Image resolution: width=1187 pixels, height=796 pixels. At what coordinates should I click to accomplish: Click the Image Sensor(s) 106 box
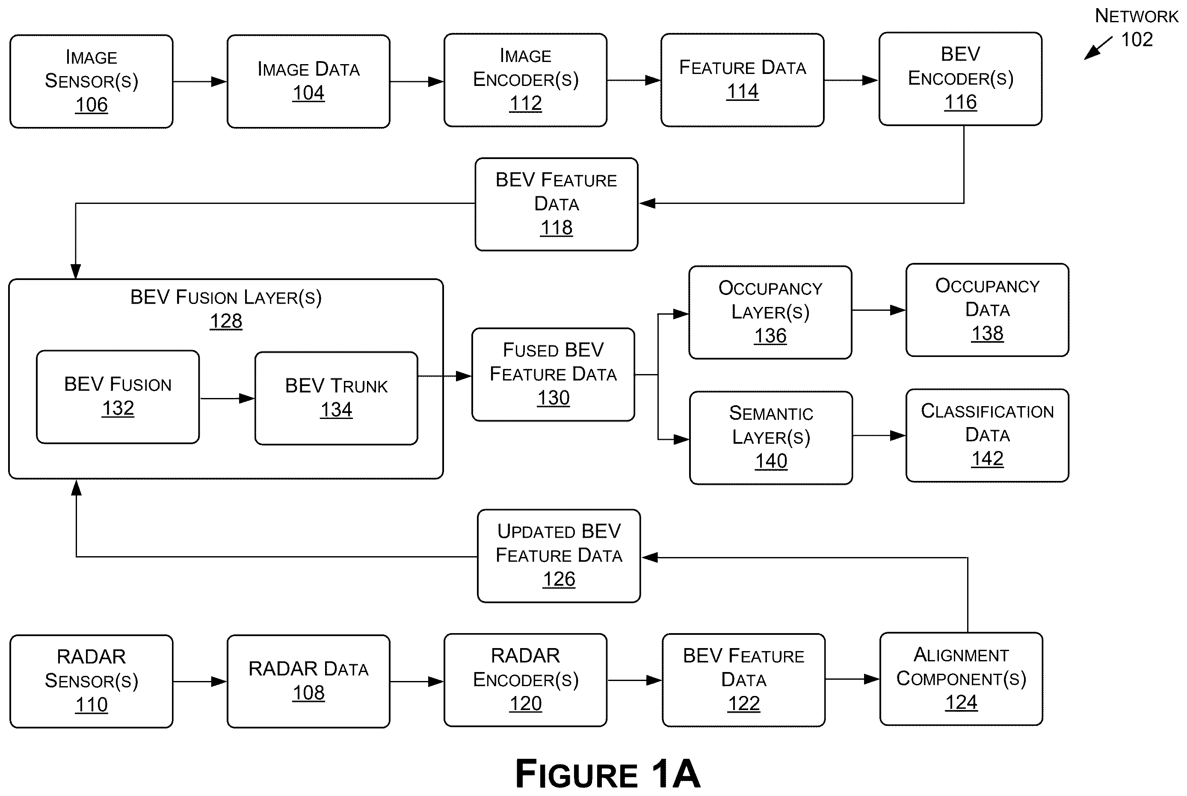pyautogui.click(x=92, y=81)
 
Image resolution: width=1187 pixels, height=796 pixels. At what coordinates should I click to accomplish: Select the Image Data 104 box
pyautogui.click(x=308, y=81)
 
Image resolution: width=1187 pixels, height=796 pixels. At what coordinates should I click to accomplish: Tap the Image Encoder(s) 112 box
pyautogui.click(x=525, y=80)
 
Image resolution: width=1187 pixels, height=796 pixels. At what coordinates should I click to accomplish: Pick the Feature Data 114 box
pyautogui.click(x=742, y=80)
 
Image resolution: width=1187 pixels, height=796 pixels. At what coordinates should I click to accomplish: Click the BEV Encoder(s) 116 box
pyautogui.click(x=960, y=79)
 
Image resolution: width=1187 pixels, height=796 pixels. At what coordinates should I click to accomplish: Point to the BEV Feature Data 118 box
pyautogui.click(x=556, y=204)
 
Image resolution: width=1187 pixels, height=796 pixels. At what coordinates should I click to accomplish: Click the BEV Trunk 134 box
pyautogui.click(x=336, y=398)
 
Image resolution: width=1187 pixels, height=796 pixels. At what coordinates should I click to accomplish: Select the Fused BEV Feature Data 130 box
pyautogui.click(x=553, y=374)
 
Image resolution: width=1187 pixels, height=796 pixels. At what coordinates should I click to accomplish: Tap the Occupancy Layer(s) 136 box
pyautogui.click(x=770, y=312)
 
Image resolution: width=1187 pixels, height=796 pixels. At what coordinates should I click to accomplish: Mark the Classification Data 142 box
pyautogui.click(x=987, y=436)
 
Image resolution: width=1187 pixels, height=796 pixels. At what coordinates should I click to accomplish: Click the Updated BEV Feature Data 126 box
pyautogui.click(x=559, y=556)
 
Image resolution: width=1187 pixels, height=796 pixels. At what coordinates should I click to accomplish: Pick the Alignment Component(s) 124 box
pyautogui.click(x=961, y=679)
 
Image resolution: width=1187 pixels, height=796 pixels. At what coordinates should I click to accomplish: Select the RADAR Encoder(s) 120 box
pyautogui.click(x=525, y=680)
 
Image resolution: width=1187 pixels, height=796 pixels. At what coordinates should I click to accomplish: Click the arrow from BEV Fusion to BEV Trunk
pyautogui.click(x=227, y=398)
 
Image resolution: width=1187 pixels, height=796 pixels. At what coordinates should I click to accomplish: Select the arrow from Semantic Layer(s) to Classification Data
pyautogui.click(x=879, y=436)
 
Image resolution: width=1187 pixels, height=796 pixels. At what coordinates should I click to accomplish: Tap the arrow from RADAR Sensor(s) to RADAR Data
pyautogui.click(x=200, y=681)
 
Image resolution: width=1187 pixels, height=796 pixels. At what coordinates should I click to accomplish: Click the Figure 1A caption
pyautogui.click(x=607, y=774)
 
